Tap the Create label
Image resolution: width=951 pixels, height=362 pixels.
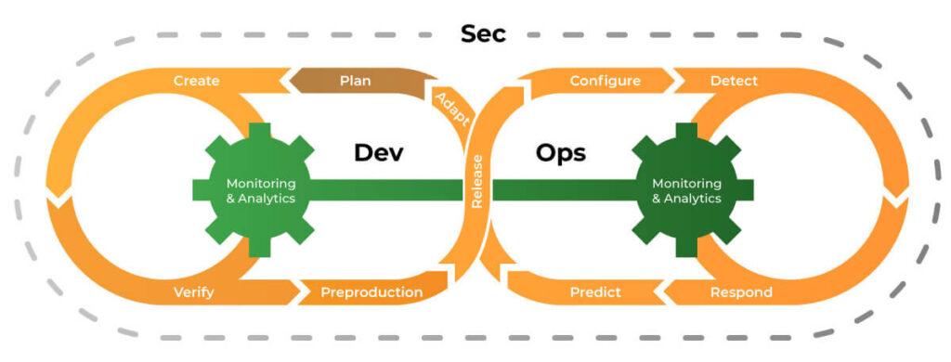pyautogui.click(x=197, y=81)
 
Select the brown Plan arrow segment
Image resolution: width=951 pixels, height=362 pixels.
pyautogui.click(x=356, y=81)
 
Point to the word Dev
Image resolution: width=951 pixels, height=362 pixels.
pyautogui.click(x=378, y=152)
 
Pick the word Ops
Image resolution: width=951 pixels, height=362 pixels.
pyautogui.click(x=561, y=152)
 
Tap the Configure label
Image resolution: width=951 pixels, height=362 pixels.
pyautogui.click(x=605, y=81)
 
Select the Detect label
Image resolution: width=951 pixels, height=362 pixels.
pyautogui.click(x=734, y=81)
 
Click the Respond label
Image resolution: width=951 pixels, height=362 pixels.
pyautogui.click(x=740, y=292)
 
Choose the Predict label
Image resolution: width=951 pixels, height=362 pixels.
pyautogui.click(x=595, y=292)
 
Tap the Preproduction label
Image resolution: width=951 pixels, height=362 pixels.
pyautogui.click(x=371, y=292)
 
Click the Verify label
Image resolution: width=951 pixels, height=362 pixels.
pyautogui.click(x=193, y=292)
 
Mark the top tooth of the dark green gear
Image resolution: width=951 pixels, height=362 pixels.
pyautogui.click(x=686, y=133)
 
